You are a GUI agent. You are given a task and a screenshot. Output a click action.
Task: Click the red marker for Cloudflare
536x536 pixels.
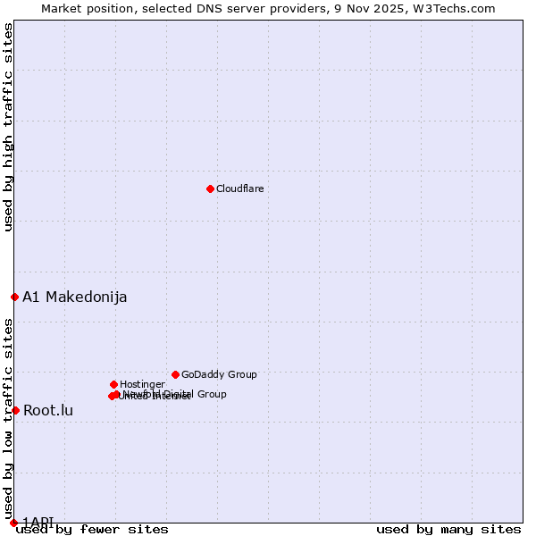point(210,188)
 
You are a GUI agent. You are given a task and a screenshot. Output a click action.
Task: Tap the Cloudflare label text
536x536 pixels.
point(239,188)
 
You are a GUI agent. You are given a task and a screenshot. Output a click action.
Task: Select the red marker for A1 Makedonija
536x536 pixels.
point(14,297)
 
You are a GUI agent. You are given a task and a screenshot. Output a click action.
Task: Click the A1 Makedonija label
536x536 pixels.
point(75,297)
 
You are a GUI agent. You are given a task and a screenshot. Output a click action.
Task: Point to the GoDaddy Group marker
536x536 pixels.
point(175,374)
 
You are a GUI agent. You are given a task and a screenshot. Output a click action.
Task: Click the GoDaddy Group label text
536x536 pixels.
point(219,374)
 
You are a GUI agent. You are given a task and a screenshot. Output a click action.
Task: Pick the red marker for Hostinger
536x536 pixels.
point(113,384)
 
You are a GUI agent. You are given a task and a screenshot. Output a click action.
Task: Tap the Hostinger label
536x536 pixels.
point(142,384)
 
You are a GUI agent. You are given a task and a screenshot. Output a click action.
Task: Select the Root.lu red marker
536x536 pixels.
point(15,410)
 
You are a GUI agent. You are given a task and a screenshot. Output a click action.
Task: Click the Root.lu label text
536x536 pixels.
point(48,410)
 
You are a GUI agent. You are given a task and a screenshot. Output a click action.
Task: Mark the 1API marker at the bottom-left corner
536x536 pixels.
point(13,523)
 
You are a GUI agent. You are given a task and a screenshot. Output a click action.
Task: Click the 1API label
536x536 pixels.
point(38,522)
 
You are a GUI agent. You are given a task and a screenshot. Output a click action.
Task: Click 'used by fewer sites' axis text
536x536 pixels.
point(92,530)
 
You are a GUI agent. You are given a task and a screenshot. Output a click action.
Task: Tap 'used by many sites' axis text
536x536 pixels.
point(448,530)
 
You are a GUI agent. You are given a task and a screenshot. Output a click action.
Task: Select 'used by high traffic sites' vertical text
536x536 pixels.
point(8,127)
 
